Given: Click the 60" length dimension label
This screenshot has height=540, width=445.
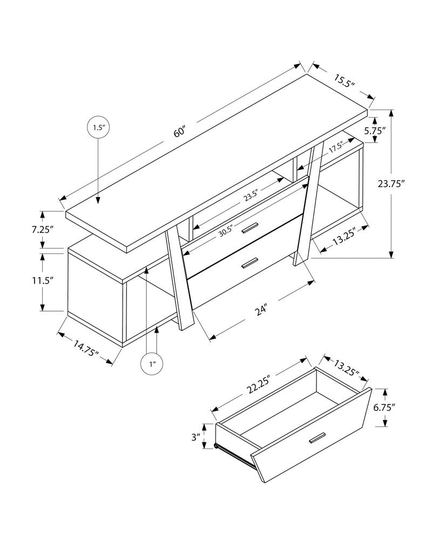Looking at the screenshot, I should click(179, 132).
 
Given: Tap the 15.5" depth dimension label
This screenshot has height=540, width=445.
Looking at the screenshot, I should click(343, 82).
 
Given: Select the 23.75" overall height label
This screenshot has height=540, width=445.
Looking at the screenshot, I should click(391, 184).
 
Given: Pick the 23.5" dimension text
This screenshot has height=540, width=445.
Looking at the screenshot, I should click(251, 195).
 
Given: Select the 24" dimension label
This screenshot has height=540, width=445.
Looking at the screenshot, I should click(261, 310).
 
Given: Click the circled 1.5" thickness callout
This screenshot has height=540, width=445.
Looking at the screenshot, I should click(98, 127).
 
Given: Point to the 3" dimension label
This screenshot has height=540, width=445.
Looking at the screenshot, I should click(195, 436).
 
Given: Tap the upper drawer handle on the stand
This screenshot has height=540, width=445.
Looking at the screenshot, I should click(250, 228).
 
